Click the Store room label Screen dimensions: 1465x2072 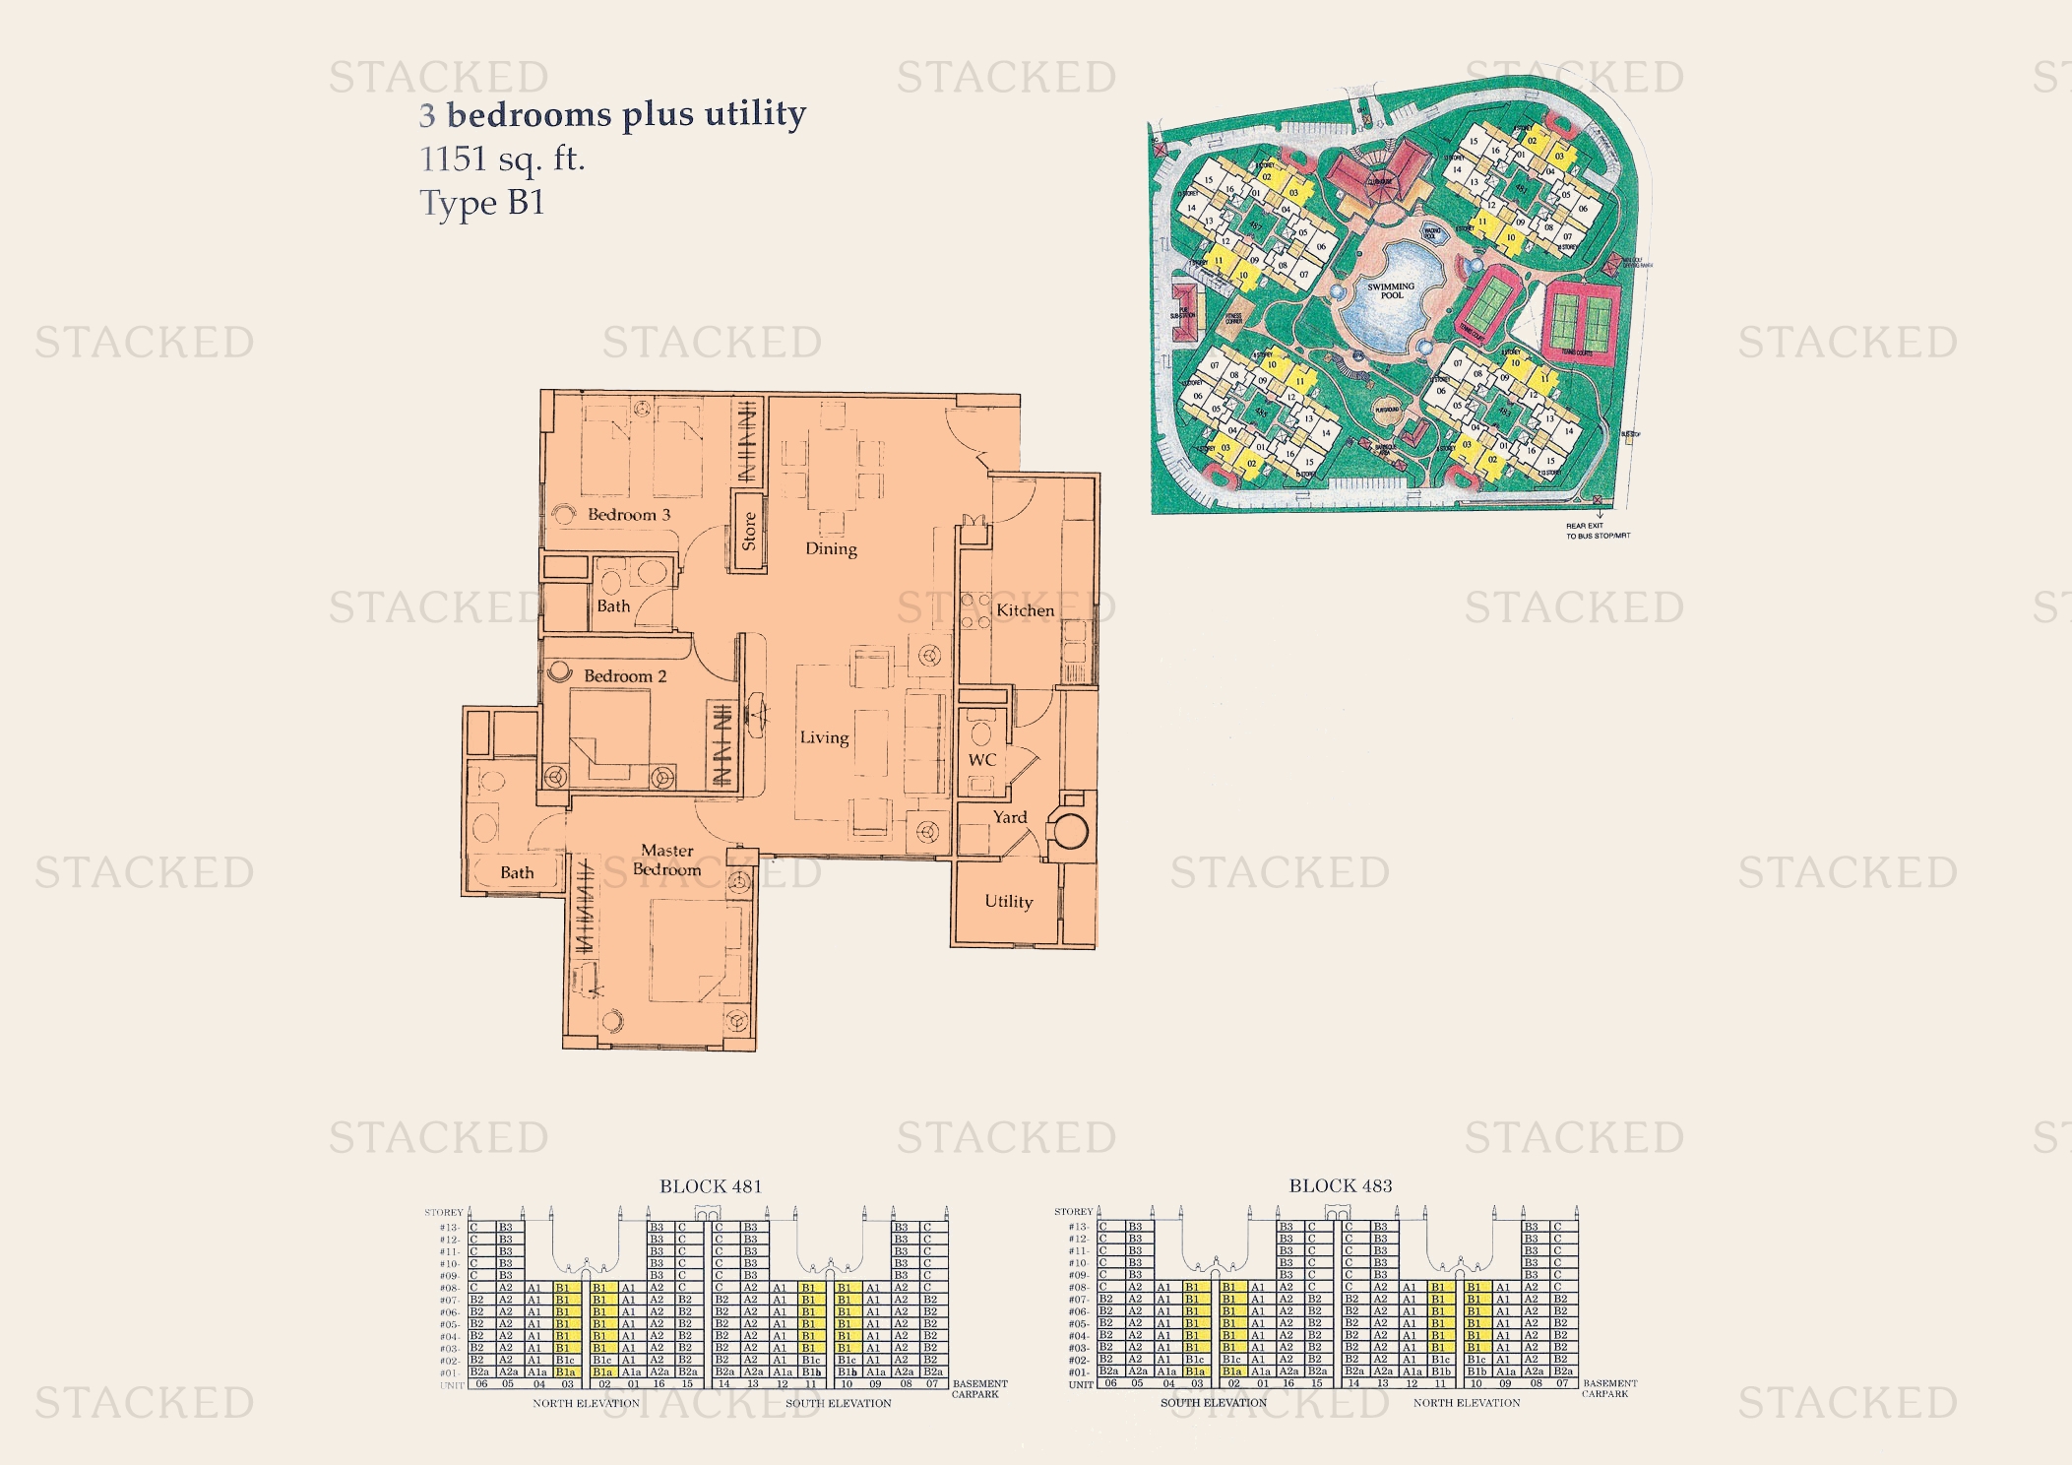click(x=749, y=531)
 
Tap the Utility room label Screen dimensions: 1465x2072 click(x=1009, y=902)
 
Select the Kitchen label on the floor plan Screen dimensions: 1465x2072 click(x=1025, y=610)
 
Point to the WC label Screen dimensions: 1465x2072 click(x=982, y=760)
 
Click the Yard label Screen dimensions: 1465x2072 click(x=1010, y=817)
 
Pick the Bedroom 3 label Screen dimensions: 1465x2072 click(x=629, y=515)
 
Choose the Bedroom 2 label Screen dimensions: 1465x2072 click(x=625, y=676)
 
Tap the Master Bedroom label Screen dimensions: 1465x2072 click(x=667, y=860)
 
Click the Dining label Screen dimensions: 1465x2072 click(x=831, y=549)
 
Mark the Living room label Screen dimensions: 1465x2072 click(x=824, y=737)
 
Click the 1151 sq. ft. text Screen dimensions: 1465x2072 click(x=502, y=159)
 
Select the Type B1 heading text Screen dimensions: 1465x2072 click(x=482, y=203)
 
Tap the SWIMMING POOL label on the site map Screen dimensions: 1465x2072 click(x=1391, y=290)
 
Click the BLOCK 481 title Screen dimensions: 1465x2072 click(x=711, y=1186)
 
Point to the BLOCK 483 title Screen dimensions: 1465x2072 click(x=1341, y=1186)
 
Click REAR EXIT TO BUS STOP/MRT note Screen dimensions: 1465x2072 click(x=1598, y=531)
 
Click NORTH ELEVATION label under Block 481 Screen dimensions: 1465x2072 click(x=586, y=1403)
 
